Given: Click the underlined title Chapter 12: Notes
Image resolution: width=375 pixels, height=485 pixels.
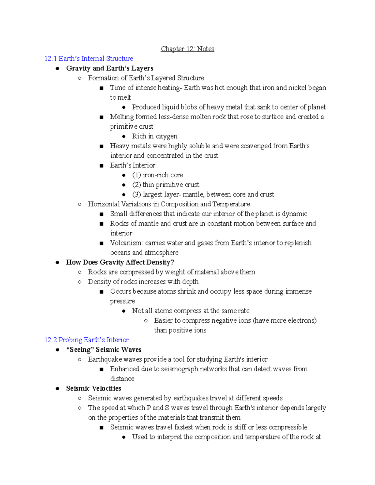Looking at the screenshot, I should [x=187, y=49].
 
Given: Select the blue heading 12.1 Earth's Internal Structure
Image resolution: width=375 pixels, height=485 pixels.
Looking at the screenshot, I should [x=89, y=59].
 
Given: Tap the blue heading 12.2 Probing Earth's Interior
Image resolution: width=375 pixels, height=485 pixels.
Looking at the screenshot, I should [x=87, y=340].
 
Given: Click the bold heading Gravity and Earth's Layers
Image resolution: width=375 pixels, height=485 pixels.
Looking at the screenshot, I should [x=110, y=68].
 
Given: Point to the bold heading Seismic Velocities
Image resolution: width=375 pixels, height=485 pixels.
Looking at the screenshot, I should [x=93, y=388].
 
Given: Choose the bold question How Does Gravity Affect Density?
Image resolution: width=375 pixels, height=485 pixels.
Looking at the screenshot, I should [x=120, y=262].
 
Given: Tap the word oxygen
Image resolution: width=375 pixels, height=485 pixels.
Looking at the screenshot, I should [x=166, y=136].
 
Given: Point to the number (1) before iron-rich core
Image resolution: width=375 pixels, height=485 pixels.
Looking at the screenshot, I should [x=137, y=175].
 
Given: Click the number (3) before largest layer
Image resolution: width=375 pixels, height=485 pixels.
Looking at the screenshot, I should [x=137, y=194].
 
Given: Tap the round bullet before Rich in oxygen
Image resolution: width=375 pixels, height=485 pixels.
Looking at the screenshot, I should [x=124, y=136].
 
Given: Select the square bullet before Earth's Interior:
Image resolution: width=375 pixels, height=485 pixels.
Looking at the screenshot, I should [x=101, y=166].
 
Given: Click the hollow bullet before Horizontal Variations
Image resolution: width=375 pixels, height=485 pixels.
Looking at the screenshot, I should [x=80, y=204].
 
